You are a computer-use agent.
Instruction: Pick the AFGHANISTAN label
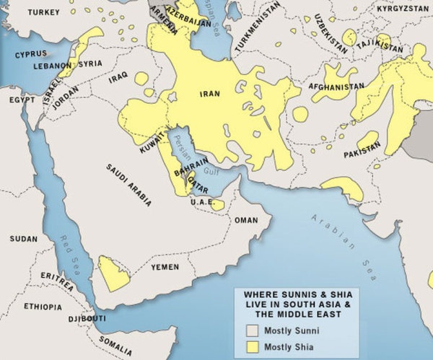tap(336, 86)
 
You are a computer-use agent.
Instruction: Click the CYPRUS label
tap(32, 54)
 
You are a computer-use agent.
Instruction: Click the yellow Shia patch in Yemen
tap(113, 273)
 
